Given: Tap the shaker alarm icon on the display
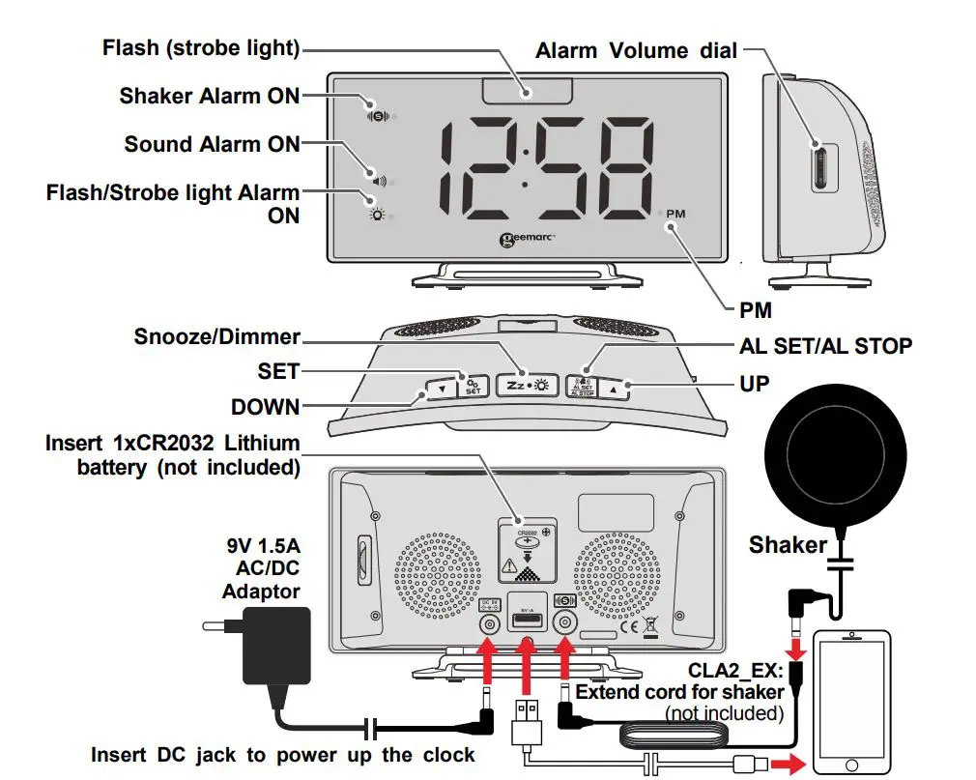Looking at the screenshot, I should (377, 115).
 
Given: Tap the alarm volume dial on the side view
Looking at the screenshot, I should (820, 165).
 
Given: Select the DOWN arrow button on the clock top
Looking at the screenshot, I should (441, 390).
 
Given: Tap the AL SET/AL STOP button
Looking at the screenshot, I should (582, 386).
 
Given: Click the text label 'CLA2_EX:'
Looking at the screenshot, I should (737, 669).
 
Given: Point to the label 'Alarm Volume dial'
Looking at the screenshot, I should (637, 50).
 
